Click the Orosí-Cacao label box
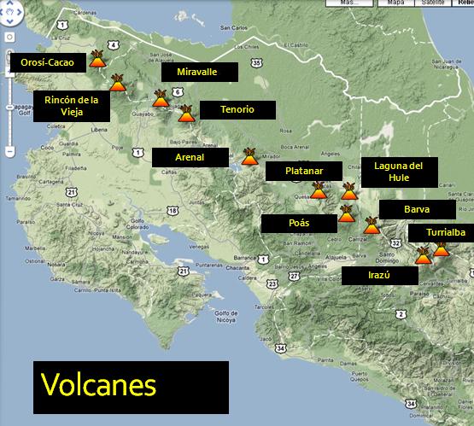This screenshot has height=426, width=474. pyautogui.click(x=48, y=62)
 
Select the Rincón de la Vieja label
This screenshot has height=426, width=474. pyautogui.click(x=72, y=108)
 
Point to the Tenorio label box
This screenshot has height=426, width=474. pyautogui.click(x=237, y=109)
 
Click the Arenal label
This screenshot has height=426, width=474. pyautogui.click(x=190, y=158)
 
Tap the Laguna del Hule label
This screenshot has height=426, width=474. pyautogui.click(x=399, y=172)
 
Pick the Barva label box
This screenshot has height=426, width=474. pyautogui.click(x=418, y=209)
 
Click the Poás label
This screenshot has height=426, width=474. pyautogui.click(x=299, y=224)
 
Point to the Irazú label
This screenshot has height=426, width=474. pyautogui.click(x=379, y=276)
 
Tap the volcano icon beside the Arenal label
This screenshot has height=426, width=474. pyautogui.click(x=250, y=156)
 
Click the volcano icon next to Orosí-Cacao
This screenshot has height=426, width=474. pyautogui.click(x=97, y=61)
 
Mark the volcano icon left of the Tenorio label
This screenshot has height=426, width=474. pyautogui.click(x=185, y=112)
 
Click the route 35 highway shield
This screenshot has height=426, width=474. pyautogui.click(x=257, y=63)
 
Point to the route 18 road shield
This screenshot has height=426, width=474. pyautogui.click(x=173, y=210)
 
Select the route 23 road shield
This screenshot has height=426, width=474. pyautogui.click(x=272, y=283)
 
